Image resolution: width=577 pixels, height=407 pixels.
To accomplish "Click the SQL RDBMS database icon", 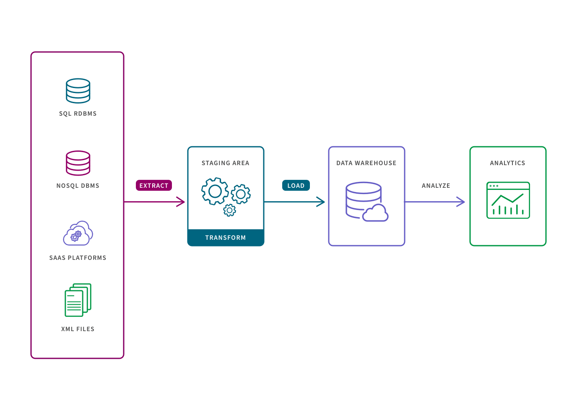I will tap(78, 91).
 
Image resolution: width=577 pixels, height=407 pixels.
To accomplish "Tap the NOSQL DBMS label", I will tap(78, 186).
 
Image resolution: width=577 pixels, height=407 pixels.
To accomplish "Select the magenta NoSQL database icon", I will tap(78, 163).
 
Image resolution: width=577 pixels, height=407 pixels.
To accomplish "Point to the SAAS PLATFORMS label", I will tap(78, 258).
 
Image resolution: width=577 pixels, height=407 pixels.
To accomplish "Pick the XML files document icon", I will tap(78, 300).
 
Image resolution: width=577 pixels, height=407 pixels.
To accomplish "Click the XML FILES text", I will tap(78, 329).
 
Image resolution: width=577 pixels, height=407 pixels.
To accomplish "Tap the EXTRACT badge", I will tap(153, 186).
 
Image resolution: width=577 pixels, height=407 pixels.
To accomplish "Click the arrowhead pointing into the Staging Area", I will tap(181, 202).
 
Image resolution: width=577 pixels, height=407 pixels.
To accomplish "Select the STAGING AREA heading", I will tap(225, 163).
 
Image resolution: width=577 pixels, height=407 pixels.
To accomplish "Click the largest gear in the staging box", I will tap(215, 191).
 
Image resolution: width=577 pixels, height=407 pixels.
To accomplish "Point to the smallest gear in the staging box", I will tap(229, 210).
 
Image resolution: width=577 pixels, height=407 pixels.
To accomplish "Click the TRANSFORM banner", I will tap(226, 238).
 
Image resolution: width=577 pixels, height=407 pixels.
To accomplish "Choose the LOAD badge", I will tap(296, 186).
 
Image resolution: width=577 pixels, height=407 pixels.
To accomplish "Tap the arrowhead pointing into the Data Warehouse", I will tap(321, 202).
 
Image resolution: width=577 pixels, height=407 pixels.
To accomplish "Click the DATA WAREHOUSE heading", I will tap(366, 163).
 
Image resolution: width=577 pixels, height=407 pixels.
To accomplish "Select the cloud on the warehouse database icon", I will tap(375, 213).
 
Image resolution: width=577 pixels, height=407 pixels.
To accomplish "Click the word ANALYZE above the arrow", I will tap(436, 186).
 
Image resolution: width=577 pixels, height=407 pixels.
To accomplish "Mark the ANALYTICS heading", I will tap(507, 163).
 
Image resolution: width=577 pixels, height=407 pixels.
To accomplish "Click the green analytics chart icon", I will tap(507, 200).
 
